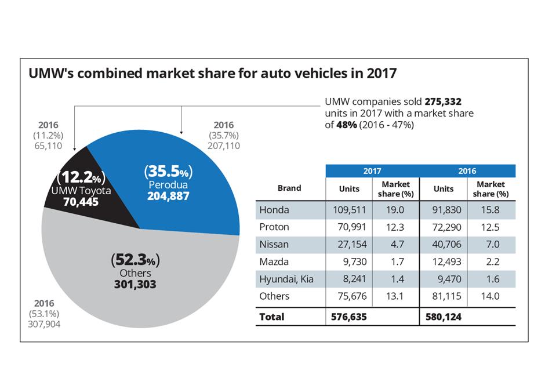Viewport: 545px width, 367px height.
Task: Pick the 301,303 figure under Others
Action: click(x=135, y=285)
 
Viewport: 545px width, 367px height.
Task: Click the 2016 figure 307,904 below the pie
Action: click(x=44, y=325)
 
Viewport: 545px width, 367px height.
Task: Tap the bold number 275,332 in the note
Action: click(x=443, y=101)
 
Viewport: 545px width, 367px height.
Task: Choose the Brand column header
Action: click(x=289, y=188)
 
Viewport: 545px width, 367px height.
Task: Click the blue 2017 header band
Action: click(x=372, y=171)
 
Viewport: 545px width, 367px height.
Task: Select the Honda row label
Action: click(x=274, y=210)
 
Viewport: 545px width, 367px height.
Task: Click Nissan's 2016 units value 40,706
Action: click(x=444, y=245)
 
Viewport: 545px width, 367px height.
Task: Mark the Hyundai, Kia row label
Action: click(x=286, y=279)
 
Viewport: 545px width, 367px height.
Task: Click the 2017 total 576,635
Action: click(x=349, y=317)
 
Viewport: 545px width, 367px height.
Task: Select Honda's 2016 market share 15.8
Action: click(x=490, y=210)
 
